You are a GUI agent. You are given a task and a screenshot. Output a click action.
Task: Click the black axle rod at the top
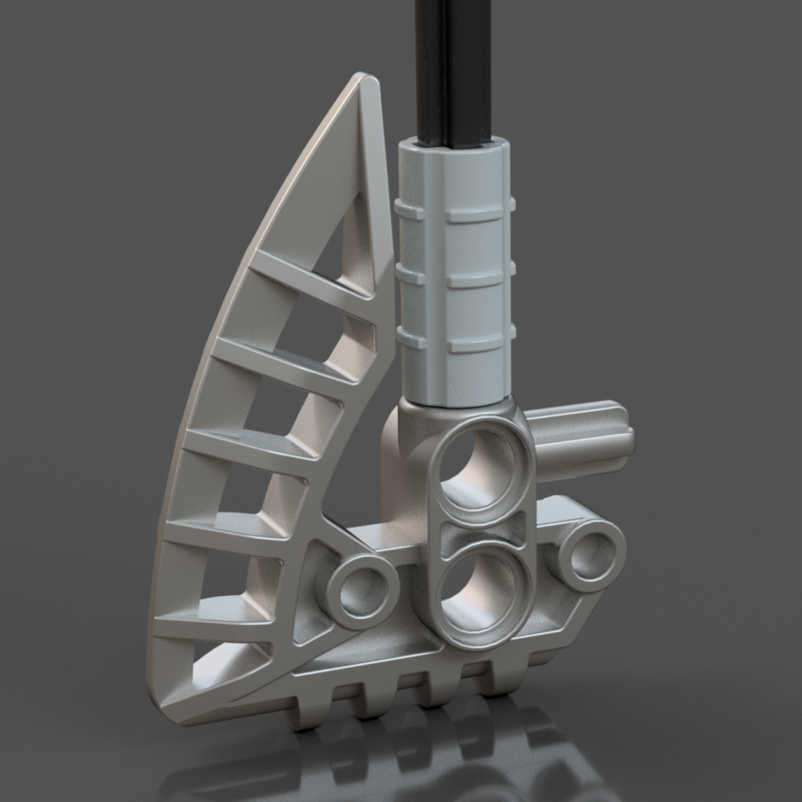[x=451, y=66]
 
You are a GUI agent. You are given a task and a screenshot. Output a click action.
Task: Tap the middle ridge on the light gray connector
[x=456, y=277]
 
